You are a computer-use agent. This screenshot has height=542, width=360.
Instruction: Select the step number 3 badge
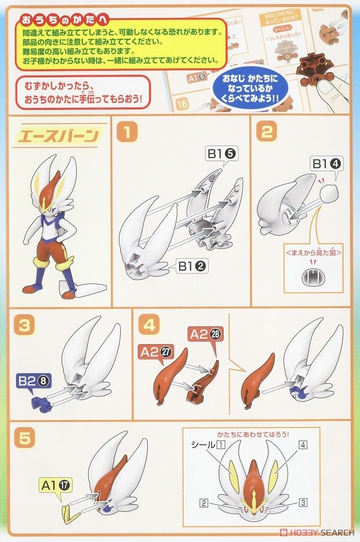click(x=24, y=325)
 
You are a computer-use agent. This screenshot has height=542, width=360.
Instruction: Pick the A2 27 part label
click(x=153, y=351)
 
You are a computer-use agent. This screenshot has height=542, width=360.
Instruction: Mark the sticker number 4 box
click(x=303, y=445)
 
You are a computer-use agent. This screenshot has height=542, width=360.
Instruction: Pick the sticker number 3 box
click(x=304, y=502)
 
